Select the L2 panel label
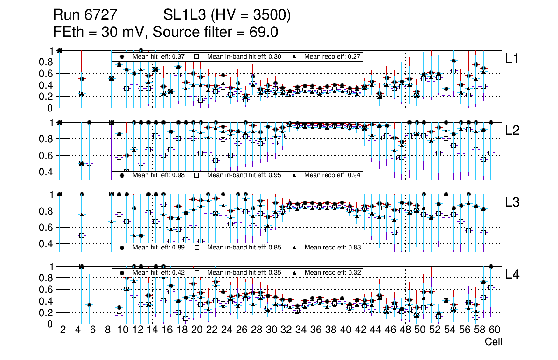coord(512,131)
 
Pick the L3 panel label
coord(512,202)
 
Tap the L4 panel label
coord(512,275)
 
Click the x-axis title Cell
coord(493,342)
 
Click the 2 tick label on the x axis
coord(63,330)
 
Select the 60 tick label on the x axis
coord(495,330)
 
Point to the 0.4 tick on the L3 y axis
coord(47,243)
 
